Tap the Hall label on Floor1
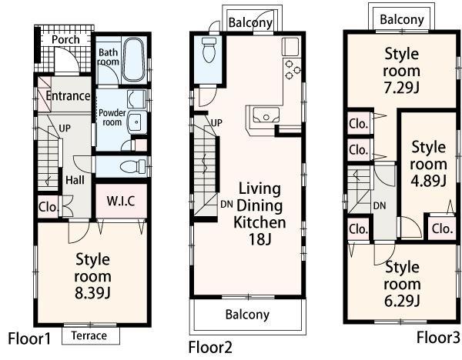tap(75, 178)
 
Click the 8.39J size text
tap(92, 292)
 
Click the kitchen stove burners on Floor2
tap(292, 68)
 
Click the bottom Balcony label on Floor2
tap(247, 314)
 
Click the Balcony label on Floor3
tap(401, 19)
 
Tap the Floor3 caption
tap(438, 337)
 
